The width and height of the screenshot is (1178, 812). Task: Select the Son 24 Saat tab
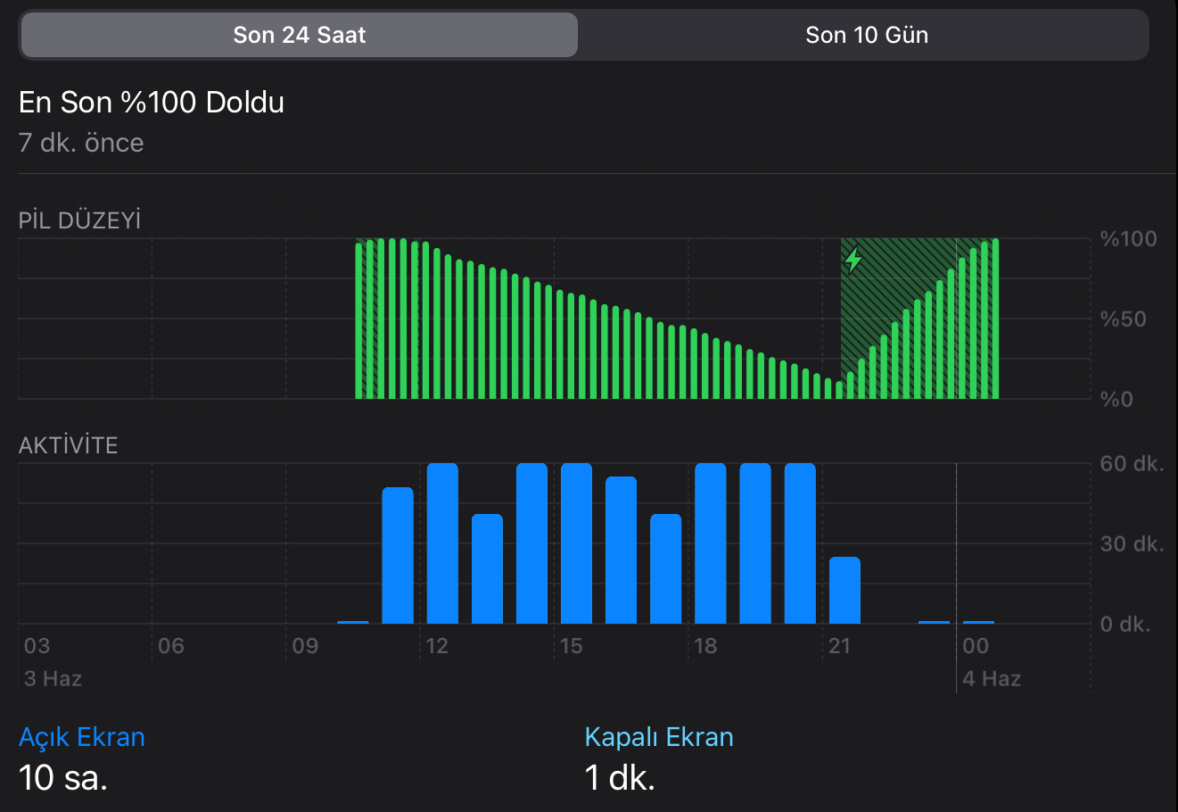tap(300, 35)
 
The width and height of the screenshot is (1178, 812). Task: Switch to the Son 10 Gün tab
tap(866, 35)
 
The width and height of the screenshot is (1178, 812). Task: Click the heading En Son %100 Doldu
tap(152, 103)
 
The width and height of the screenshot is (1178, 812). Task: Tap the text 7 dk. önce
tap(81, 143)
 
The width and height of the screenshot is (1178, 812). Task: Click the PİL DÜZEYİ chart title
tap(80, 220)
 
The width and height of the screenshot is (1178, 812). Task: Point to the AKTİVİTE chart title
tap(69, 445)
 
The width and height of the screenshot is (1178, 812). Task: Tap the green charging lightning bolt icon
tap(853, 260)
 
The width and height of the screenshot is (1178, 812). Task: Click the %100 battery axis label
tap(1128, 239)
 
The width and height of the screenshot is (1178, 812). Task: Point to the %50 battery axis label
tap(1122, 319)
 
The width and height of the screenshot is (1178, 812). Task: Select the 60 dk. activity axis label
tap(1132, 464)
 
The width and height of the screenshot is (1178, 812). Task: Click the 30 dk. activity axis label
tap(1132, 544)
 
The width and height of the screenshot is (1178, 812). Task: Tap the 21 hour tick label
tap(839, 646)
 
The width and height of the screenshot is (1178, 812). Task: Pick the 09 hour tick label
tap(305, 646)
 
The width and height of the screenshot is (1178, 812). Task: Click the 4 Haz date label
tap(992, 679)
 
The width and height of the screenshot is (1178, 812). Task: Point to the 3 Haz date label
tap(54, 679)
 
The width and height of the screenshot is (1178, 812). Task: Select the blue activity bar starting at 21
tap(844, 590)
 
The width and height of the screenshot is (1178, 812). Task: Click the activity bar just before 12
tap(398, 555)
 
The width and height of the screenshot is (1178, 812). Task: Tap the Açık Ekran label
tap(82, 737)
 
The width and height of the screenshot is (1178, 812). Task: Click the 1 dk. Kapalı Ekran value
tap(620, 778)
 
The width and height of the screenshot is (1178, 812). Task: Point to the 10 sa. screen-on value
tap(63, 778)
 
